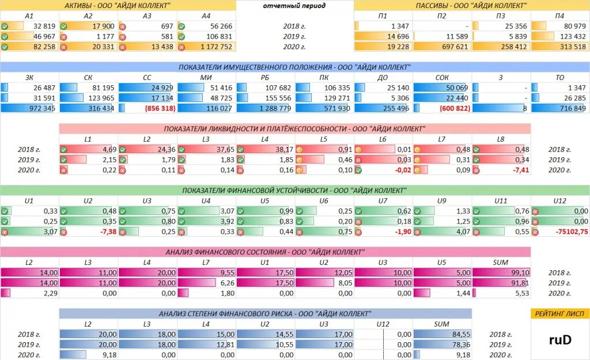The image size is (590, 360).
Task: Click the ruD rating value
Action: pyautogui.click(x=559, y=340)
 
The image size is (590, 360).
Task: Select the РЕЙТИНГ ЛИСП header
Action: pyautogui.click(x=559, y=313)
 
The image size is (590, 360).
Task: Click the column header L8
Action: pyautogui.click(x=500, y=139)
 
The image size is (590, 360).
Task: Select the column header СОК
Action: pyautogui.click(x=441, y=77)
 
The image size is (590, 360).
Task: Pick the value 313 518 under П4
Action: pyautogui.click(x=569, y=47)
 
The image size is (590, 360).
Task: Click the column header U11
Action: pyautogui.click(x=500, y=201)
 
